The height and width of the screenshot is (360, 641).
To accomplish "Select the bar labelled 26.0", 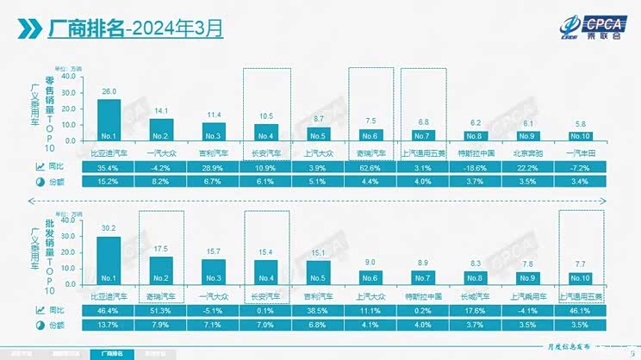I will pyautogui.click(x=109, y=120).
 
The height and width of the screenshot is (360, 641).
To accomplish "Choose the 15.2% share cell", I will pyautogui.click(x=109, y=182).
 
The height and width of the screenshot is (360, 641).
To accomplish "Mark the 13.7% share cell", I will pyautogui.click(x=109, y=325).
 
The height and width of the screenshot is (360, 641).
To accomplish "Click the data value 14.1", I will pyautogui.click(x=161, y=110).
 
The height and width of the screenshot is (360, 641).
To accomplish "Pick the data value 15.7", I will pyautogui.click(x=213, y=251).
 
